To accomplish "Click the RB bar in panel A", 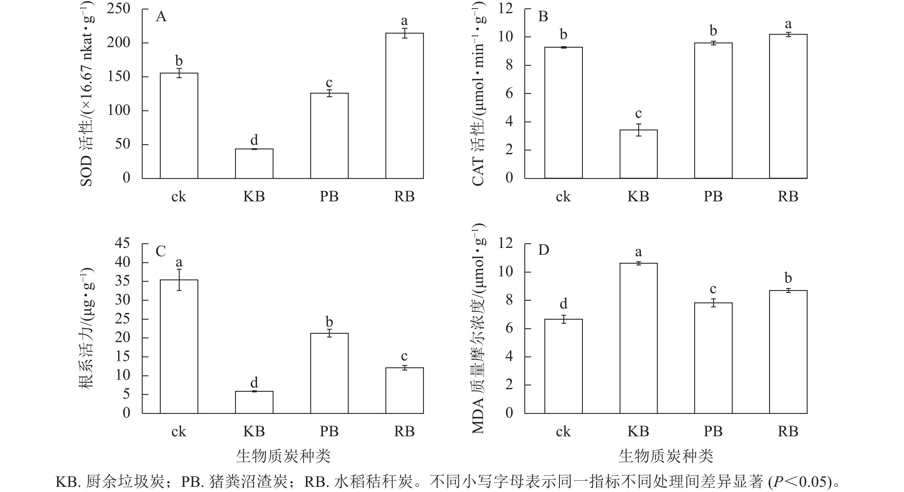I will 404,105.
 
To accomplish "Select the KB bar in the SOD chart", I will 254,164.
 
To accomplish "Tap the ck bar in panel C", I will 179,346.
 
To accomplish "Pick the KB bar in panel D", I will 638,338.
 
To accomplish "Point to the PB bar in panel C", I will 329,373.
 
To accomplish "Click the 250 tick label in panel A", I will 119,9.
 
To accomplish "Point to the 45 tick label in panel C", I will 122,243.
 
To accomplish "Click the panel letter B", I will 543,16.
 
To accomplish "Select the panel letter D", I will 543,250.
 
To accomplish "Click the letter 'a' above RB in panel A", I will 404,21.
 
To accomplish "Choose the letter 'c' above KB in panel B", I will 638,113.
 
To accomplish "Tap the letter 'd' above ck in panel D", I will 563,303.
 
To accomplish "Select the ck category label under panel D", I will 563,431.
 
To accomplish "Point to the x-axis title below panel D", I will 666,456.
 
